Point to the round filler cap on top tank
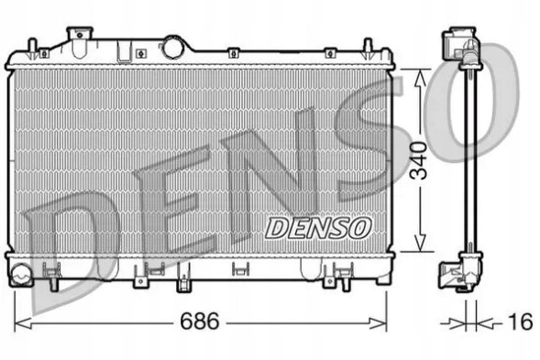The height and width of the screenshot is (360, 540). click(x=172, y=48)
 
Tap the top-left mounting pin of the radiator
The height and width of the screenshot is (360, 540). click(x=33, y=47)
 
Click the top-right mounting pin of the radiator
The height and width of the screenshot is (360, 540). click(x=369, y=47)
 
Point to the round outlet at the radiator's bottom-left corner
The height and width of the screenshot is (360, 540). click(x=20, y=271)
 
